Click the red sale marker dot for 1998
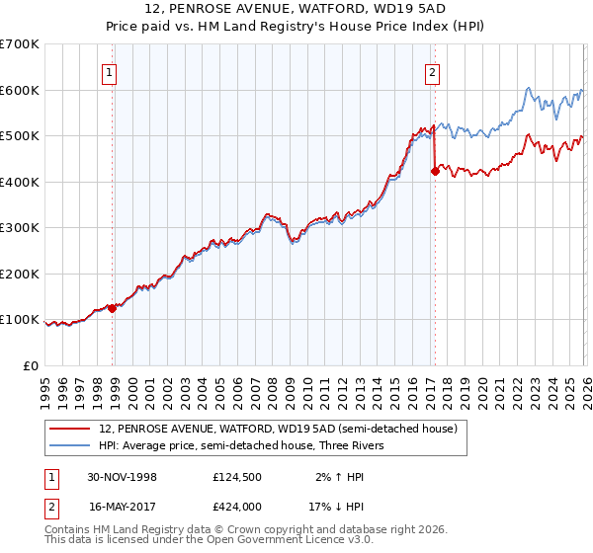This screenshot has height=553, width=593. pyautogui.click(x=112, y=308)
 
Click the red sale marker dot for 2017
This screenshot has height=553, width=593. pyautogui.click(x=434, y=171)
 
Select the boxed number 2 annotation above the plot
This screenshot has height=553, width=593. pyautogui.click(x=433, y=71)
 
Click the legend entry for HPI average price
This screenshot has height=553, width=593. pyautogui.click(x=247, y=445)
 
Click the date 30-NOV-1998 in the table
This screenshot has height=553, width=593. pyautogui.click(x=122, y=477)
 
